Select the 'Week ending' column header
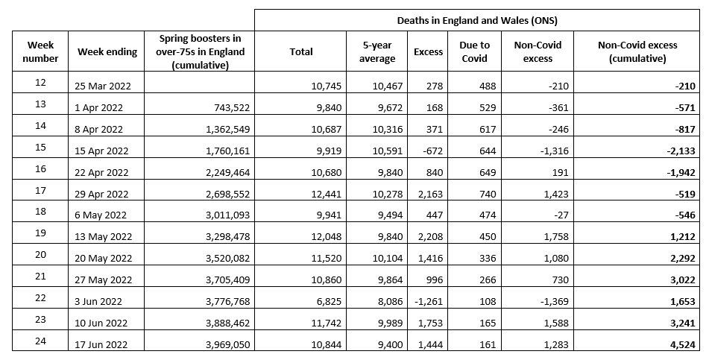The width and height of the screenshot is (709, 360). coord(107,51)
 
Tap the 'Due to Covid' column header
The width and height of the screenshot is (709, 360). coord(474,51)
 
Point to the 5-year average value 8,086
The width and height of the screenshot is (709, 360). coord(387,302)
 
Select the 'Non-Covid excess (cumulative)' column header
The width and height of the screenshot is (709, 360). coord(637,51)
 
